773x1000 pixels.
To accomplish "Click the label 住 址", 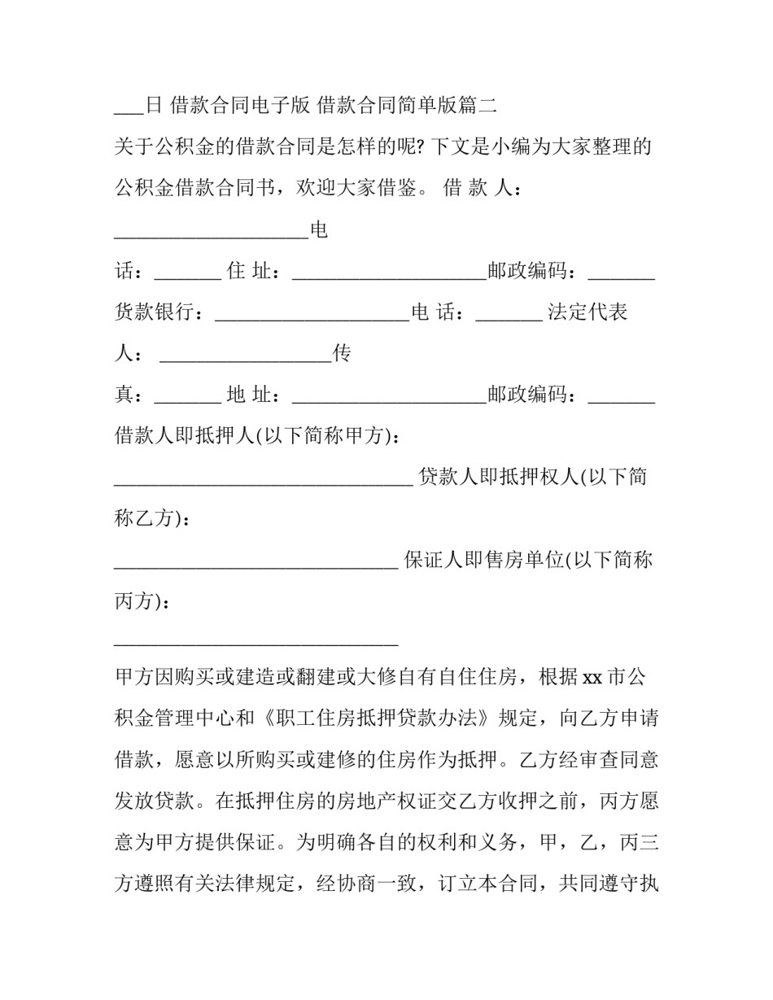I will pyautogui.click(x=247, y=271).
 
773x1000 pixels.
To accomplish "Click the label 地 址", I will pyautogui.click(x=247, y=395).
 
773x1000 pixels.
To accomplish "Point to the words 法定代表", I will pyautogui.click(x=587, y=312).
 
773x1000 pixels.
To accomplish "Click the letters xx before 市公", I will pyautogui.click(x=592, y=677).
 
